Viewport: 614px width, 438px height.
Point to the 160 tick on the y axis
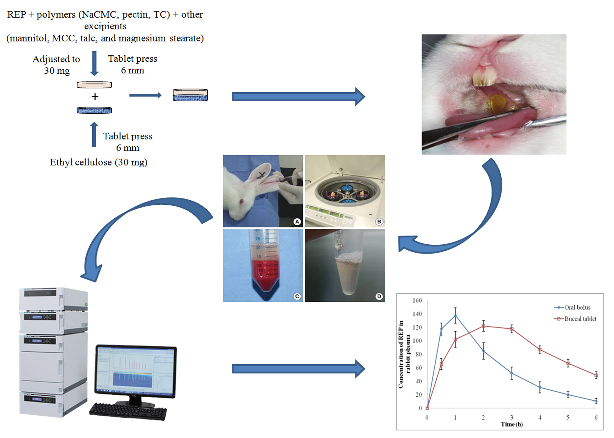[x=417, y=300]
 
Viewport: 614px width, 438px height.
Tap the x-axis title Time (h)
[x=512, y=424]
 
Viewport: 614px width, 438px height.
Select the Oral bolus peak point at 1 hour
[x=455, y=316]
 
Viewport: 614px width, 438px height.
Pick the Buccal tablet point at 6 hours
[x=596, y=375]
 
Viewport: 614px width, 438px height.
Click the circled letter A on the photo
[x=297, y=222]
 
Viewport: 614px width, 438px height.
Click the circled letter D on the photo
[x=379, y=296]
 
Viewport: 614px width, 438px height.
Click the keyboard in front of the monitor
[x=128, y=411]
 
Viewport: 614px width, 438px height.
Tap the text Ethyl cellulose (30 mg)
[x=99, y=162]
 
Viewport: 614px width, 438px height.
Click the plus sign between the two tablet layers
[x=95, y=97]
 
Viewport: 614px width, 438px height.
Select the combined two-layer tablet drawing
[x=190, y=95]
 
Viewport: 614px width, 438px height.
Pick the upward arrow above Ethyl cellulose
[x=94, y=134]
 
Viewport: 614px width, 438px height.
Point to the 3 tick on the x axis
[x=512, y=418]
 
